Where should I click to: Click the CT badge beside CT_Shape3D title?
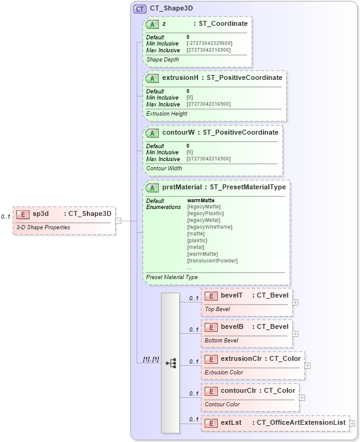140,9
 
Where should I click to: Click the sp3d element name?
41,214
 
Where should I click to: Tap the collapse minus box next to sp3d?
118,221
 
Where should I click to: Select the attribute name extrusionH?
180,78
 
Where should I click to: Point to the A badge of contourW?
152,133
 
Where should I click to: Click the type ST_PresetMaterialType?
247,187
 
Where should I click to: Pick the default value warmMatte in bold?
201,200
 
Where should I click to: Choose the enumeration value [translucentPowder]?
212,261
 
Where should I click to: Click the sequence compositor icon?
170,363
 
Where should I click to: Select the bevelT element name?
232,296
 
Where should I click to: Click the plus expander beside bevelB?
296,334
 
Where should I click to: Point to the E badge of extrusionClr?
211,359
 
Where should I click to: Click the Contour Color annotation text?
222,405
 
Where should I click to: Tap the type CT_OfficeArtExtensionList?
300,422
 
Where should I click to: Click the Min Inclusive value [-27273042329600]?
209,43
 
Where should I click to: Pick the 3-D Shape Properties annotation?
42,227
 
